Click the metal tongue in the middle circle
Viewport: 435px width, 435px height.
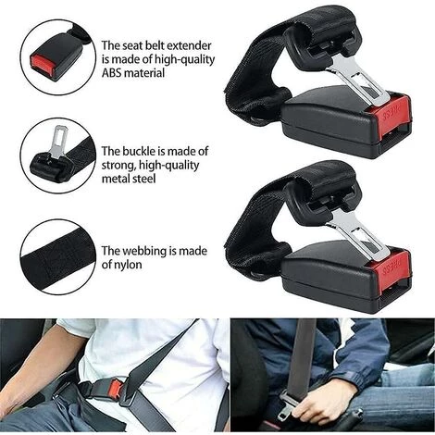tap(59, 135)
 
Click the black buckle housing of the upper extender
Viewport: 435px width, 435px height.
tap(324, 120)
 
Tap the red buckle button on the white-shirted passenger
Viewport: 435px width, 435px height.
tap(114, 388)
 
